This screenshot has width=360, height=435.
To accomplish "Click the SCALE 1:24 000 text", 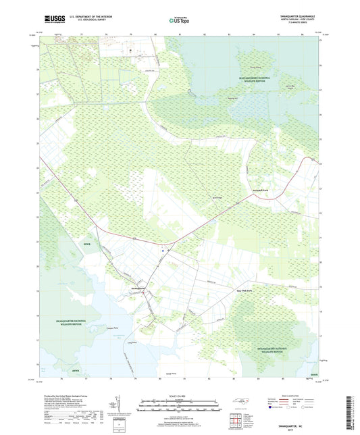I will (179, 395).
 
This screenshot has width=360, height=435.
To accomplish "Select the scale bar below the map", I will (179, 407).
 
